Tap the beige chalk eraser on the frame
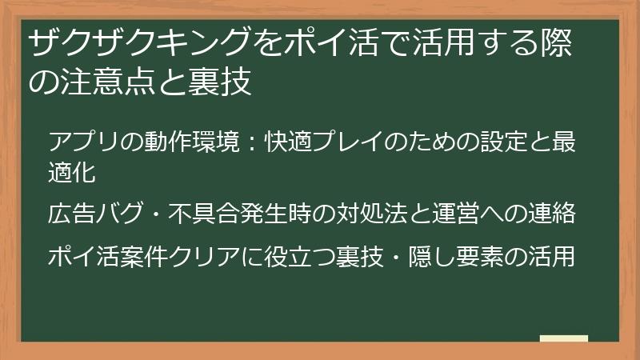(x=564, y=339)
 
